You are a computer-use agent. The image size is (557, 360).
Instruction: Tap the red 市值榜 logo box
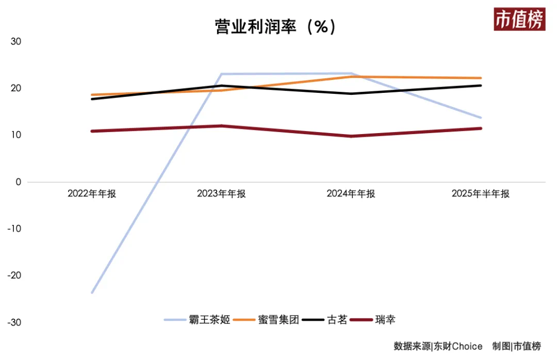tap(519, 20)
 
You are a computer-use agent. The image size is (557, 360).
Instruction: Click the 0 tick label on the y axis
tap(18, 182)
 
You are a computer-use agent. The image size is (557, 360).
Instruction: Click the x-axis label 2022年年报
tap(92, 194)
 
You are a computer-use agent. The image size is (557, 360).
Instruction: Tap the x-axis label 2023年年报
tap(221, 194)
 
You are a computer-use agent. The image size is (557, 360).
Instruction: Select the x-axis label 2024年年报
tap(351, 194)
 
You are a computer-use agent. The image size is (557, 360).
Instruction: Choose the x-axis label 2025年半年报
tap(480, 194)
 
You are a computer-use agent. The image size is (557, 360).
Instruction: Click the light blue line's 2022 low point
tap(92, 293)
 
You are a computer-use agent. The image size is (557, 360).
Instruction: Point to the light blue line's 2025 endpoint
tap(481, 118)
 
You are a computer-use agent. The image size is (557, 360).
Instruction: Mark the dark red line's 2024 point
tap(351, 136)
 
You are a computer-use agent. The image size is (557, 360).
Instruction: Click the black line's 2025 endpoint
tap(481, 86)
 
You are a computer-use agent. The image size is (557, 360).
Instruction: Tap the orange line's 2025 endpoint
tap(481, 78)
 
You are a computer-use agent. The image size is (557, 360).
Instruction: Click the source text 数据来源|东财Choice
tap(438, 346)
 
